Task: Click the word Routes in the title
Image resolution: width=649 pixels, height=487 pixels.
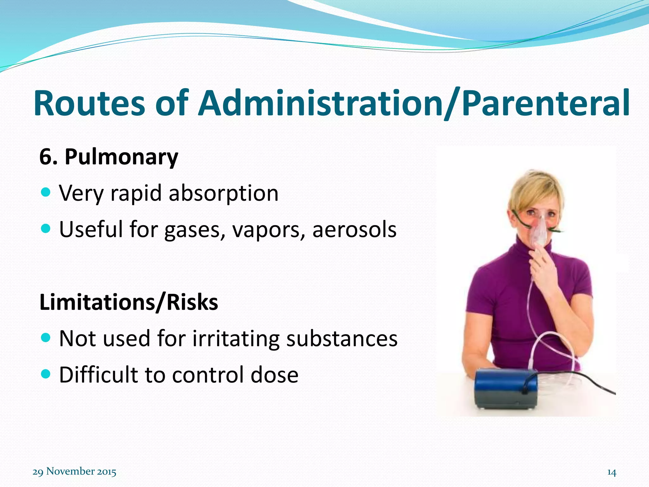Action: click(x=89, y=104)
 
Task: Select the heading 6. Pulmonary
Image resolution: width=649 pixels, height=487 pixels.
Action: click(x=109, y=157)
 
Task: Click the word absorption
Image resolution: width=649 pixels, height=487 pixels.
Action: click(x=223, y=193)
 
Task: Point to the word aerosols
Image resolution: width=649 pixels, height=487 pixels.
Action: click(x=354, y=229)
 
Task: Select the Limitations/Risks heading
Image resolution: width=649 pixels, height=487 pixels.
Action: click(x=129, y=302)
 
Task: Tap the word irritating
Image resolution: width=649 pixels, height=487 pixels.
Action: click(x=236, y=339)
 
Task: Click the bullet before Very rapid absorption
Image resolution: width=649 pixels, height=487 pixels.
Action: click(x=46, y=192)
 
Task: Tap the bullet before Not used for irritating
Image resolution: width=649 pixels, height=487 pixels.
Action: click(x=46, y=338)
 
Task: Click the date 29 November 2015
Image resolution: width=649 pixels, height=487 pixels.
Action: click(x=74, y=471)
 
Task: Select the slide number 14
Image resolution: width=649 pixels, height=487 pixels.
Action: click(x=612, y=472)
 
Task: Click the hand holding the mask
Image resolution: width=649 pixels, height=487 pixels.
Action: click(x=543, y=266)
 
